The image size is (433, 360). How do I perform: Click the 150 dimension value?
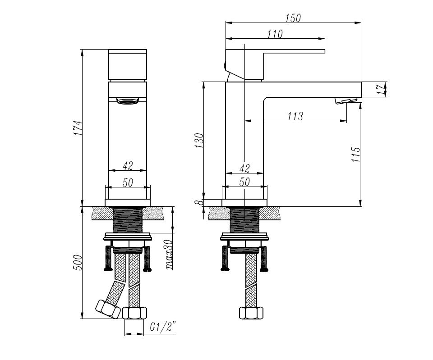pos(293,18)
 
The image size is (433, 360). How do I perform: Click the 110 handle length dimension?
pos(275,34)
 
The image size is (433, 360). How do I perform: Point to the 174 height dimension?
pos(78,128)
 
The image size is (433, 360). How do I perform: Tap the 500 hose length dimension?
pos(78,262)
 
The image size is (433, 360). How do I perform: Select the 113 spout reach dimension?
pos(295,116)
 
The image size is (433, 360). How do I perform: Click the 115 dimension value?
pos(356,154)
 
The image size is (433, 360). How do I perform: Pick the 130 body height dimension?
pos(199,141)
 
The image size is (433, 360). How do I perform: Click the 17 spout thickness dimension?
pos(382,90)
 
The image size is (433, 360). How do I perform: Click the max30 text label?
pos(169,255)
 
